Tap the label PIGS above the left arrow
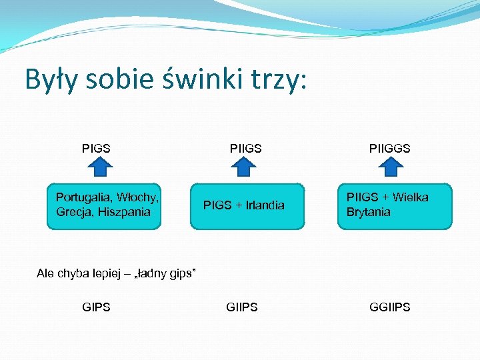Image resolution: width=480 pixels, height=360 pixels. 96,148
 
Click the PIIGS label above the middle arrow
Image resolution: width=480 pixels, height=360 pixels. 245,148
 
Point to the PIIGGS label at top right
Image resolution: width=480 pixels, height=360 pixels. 390,148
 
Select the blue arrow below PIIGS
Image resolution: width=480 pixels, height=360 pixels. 244,167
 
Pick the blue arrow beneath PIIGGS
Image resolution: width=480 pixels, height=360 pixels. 393,167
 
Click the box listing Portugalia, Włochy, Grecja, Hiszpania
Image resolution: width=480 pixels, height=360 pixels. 104,206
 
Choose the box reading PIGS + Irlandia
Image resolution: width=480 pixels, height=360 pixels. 247,206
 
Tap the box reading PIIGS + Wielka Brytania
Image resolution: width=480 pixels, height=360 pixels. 395,206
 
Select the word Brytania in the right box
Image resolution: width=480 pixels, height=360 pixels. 368,213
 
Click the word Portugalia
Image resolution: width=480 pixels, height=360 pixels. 84,197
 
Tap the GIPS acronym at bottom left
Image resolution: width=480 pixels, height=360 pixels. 96,307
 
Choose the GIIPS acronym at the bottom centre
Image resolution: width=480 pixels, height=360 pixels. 242,307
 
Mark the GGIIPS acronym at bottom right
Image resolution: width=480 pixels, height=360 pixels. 390,307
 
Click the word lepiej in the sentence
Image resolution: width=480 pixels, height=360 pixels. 99,273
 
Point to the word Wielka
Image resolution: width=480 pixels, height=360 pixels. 411,197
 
